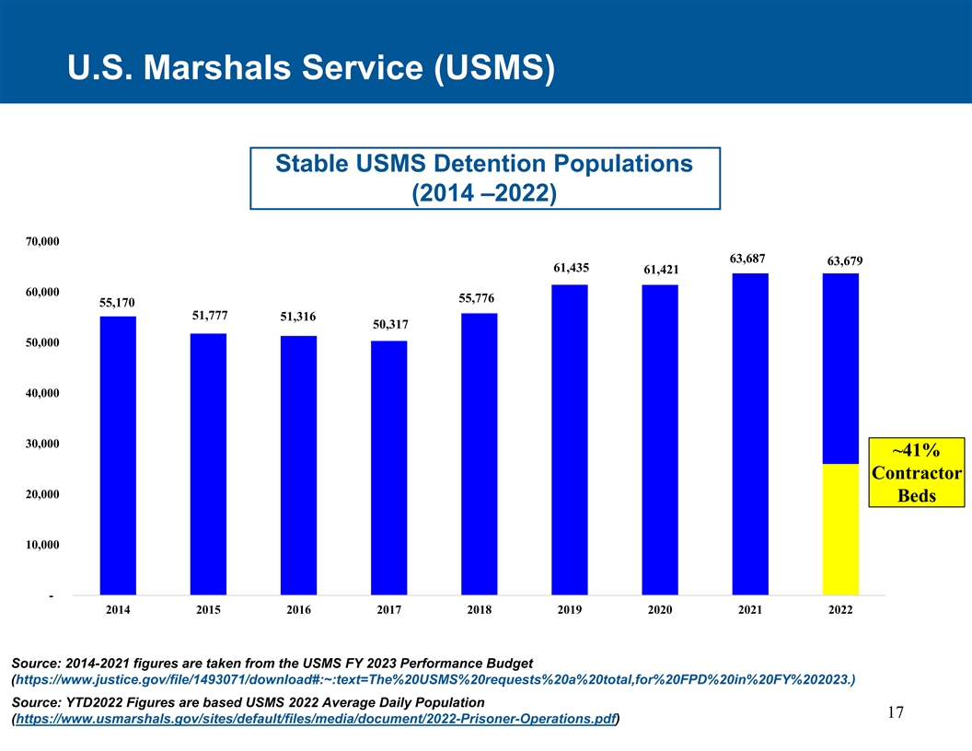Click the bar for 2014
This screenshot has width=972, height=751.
coord(118,456)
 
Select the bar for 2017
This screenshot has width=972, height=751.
coord(388,468)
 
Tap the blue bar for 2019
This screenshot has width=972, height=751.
coord(569,440)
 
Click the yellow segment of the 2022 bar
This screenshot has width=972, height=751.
coord(840,528)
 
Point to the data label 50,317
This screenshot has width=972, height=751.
coord(390,325)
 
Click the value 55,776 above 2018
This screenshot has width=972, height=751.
coord(476,299)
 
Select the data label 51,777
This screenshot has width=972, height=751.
coord(210,315)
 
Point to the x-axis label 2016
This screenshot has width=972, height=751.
coord(298,610)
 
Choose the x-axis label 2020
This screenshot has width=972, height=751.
coord(659,610)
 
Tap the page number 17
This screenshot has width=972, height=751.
coord(897,713)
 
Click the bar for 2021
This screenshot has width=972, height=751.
coord(750,433)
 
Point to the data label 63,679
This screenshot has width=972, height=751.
coord(844,261)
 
